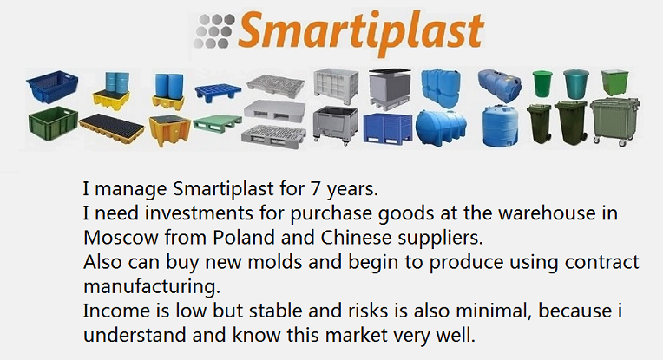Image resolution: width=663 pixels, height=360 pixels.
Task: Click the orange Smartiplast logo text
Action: [x=361, y=31]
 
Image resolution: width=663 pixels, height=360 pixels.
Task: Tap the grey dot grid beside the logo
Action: [x=214, y=31]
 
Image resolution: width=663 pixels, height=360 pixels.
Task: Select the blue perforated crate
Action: [x=52, y=87]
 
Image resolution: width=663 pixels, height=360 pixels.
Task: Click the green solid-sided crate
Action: [x=53, y=124]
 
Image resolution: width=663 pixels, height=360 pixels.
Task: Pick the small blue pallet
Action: [x=218, y=93]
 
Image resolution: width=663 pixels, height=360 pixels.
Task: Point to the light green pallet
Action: [x=217, y=123]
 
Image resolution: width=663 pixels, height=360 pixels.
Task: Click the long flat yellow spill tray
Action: [x=112, y=128]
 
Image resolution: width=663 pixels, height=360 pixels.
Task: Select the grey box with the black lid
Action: [x=390, y=89]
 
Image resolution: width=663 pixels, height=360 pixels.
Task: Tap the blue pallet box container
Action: [x=387, y=128]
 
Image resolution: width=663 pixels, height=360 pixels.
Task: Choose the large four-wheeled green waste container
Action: [x=614, y=121]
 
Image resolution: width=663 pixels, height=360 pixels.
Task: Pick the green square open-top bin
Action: [x=614, y=82]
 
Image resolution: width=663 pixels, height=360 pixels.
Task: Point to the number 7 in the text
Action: [x=315, y=188]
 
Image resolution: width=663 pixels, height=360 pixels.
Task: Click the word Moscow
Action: [x=121, y=238]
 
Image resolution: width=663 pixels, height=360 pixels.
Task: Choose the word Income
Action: [x=116, y=311]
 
